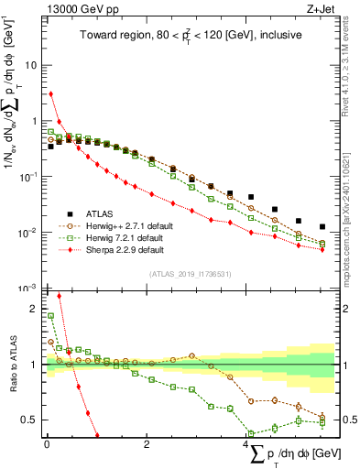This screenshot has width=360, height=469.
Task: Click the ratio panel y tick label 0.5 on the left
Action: point(32,420)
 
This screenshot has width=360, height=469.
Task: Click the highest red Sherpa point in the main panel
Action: point(50,93)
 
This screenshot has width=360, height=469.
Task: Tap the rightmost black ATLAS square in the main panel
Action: point(322,226)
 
